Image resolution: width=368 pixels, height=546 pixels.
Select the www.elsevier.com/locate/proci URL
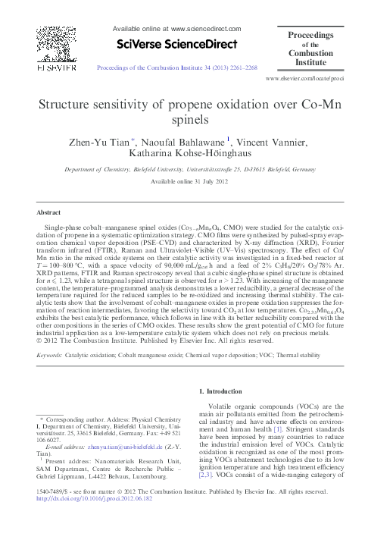pos(315,78)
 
